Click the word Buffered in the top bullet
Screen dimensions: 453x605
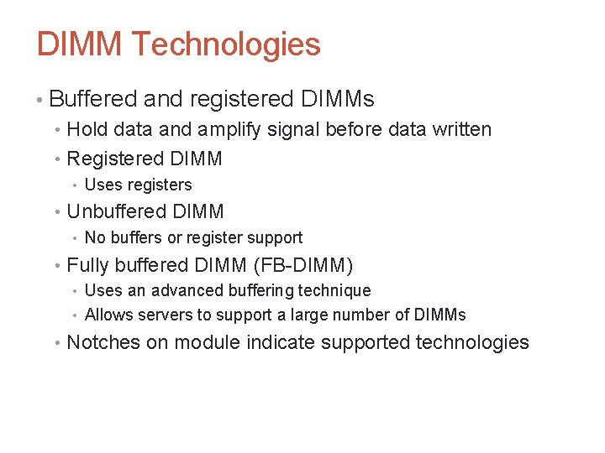point(92,99)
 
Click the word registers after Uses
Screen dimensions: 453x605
point(160,185)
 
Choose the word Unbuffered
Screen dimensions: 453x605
point(115,212)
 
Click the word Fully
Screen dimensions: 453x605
point(87,266)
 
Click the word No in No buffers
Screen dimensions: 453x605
point(95,238)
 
